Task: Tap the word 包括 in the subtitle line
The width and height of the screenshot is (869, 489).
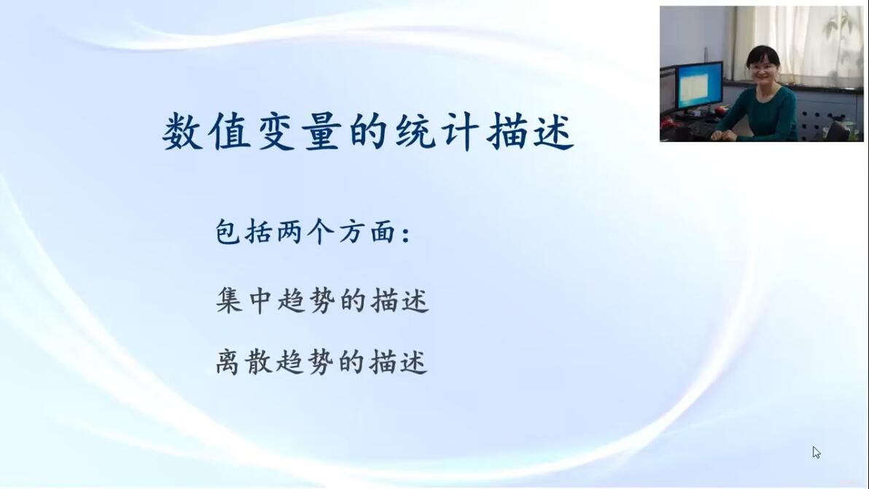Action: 243,232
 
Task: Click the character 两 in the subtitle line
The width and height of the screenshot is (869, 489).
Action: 289,232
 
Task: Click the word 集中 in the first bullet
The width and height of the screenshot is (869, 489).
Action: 243,301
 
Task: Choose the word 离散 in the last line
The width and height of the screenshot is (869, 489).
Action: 243,362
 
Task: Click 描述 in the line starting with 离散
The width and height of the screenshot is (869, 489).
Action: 399,362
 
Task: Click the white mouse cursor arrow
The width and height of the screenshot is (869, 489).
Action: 817,453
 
